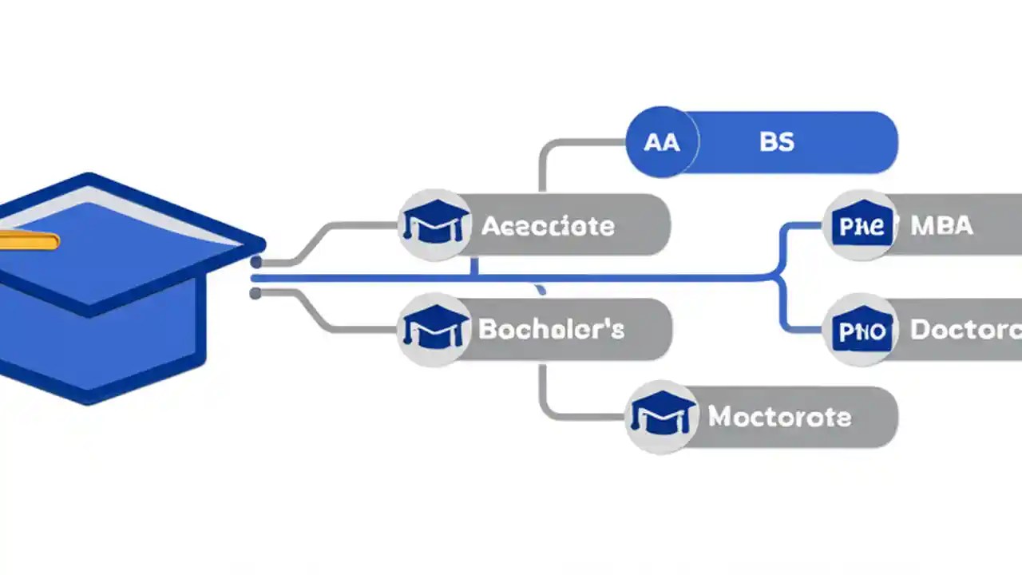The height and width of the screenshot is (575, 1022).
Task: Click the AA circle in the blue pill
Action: pos(662,142)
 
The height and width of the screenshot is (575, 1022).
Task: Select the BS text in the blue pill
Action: pos(776,142)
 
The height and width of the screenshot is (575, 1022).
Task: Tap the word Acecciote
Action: pos(548,226)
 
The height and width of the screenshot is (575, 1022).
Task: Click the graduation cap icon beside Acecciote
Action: pos(434,226)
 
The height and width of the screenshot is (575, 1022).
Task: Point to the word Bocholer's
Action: pos(552,329)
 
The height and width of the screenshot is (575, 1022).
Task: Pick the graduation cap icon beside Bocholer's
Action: pos(434,329)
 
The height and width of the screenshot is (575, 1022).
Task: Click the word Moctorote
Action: pos(779,416)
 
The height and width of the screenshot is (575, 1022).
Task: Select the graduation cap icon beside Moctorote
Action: pos(662,416)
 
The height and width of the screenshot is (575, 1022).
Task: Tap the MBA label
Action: pos(942,226)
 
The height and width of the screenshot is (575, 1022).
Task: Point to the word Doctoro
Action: pos(965,329)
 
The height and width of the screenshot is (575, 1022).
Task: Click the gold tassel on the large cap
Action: pos(29,240)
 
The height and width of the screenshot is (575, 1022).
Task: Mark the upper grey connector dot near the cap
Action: pos(255,262)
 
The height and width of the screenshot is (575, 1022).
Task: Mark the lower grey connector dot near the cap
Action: pos(255,294)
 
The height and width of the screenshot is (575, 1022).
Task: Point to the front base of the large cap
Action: pos(88,395)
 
